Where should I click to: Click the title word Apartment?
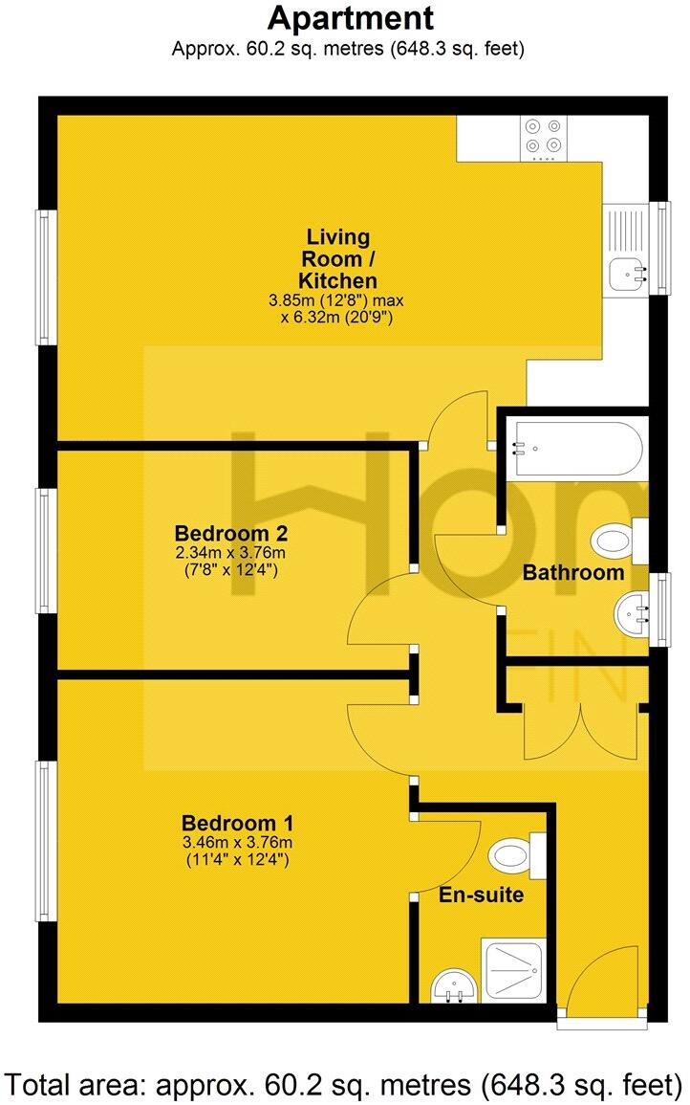(350, 18)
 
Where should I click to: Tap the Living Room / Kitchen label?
(337, 258)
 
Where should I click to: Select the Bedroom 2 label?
(231, 533)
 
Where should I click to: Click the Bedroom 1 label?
(236, 823)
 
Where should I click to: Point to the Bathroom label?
(573, 573)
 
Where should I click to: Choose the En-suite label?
(480, 896)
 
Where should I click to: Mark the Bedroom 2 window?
(44, 550)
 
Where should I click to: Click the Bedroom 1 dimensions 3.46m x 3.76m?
(236, 843)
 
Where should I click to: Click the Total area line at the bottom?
(344, 1085)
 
